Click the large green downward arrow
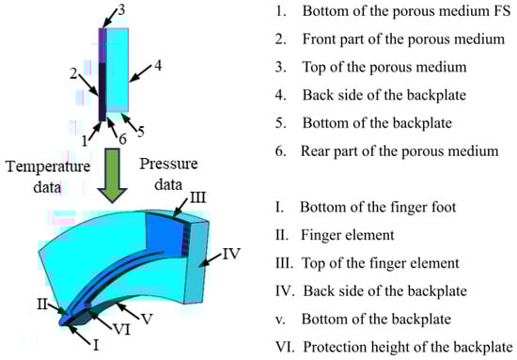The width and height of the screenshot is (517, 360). pos(113,176)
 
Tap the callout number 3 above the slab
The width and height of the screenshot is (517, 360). pos(121,10)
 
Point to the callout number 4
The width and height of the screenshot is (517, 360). pos(158,66)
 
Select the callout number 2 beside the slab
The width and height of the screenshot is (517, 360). pos(73,73)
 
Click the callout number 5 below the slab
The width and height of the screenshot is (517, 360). pos(140,132)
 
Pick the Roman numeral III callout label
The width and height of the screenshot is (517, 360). pos(197,197)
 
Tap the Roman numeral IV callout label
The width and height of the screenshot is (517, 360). pos(231,254)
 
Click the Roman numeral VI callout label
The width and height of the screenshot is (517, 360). pos(121,329)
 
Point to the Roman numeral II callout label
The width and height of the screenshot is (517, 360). pos(42,305)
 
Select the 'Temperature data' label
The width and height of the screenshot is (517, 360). pos(48,177)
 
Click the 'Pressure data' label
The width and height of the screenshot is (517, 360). pos(168,174)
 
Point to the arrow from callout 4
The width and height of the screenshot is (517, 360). pos(140,73)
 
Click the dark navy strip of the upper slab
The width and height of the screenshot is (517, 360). pos(102,93)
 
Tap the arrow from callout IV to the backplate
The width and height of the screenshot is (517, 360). pos(212,259)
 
